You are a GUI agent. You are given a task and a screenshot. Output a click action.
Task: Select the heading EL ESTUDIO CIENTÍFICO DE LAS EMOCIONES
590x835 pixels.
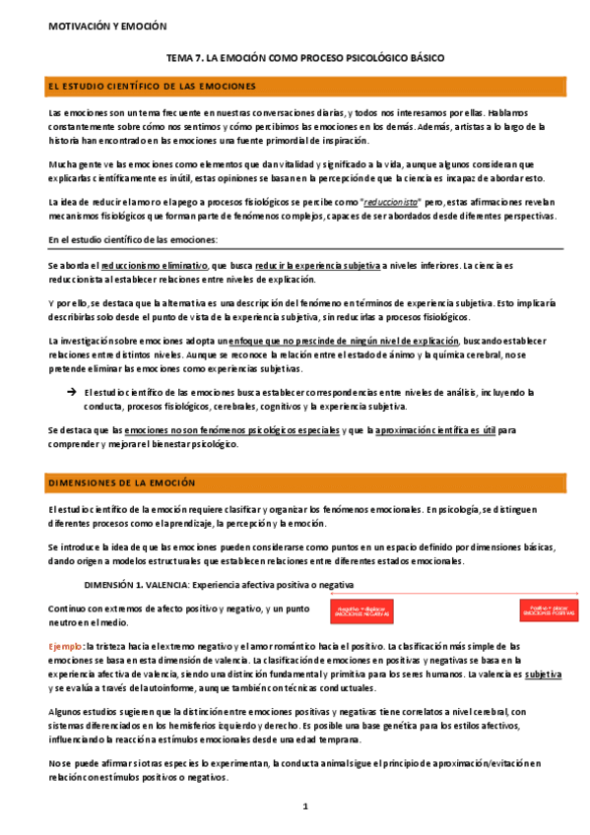152,88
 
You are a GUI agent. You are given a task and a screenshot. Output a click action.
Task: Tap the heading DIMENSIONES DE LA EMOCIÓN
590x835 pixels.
122,483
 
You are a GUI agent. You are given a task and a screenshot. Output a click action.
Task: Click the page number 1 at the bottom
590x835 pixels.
305,806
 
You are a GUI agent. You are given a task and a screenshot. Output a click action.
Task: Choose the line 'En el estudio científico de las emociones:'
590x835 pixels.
133,240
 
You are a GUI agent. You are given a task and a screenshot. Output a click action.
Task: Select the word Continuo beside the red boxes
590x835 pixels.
69,609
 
